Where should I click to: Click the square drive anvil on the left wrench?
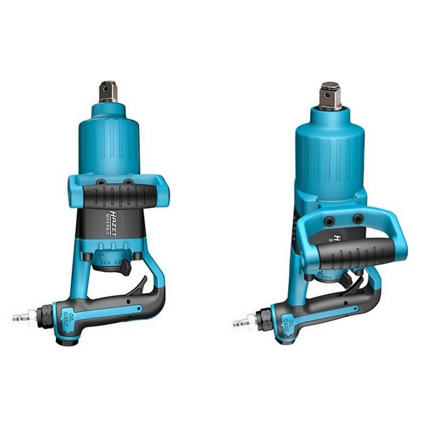(x=108, y=91)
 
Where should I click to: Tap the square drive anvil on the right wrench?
(x=330, y=97)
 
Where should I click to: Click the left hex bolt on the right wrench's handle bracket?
(x=330, y=219)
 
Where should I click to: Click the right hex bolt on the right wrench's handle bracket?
(x=358, y=218)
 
